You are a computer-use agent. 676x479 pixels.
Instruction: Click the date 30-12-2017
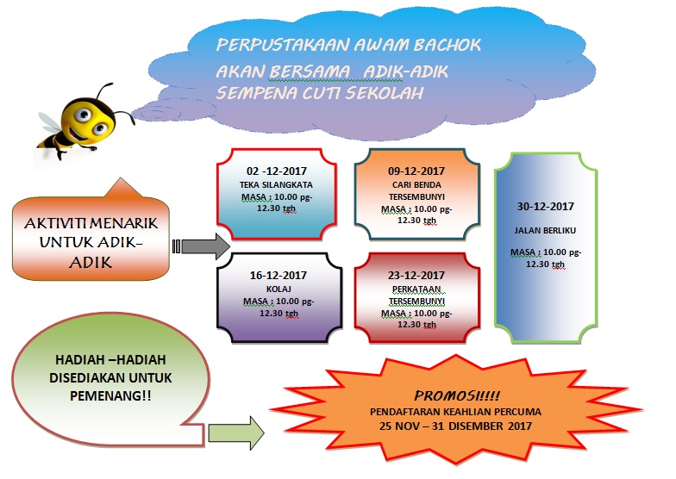click(545, 207)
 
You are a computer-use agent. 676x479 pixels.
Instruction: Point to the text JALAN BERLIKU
click(545, 230)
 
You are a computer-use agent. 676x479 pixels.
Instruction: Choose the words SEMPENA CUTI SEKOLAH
click(320, 92)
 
